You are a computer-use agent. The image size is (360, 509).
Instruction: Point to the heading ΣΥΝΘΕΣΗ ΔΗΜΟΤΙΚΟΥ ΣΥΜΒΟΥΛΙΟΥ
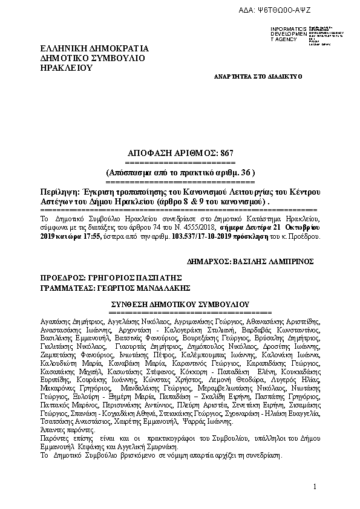tap(178, 304)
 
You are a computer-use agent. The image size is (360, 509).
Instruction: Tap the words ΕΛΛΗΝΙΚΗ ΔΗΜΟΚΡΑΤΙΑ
tap(94, 49)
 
